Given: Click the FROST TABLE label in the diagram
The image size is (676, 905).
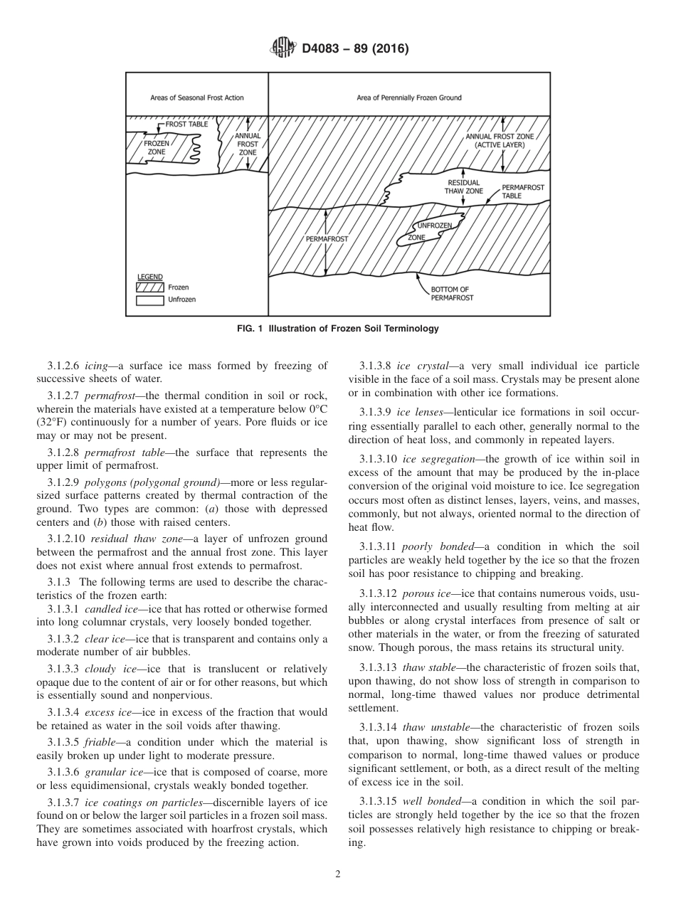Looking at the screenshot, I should pos(186,124).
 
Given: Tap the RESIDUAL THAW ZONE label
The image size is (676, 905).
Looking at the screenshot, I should pos(463,187).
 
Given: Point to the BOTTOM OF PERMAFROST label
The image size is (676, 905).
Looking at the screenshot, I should pos(450,294).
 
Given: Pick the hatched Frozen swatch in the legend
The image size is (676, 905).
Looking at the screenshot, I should pos(149,287).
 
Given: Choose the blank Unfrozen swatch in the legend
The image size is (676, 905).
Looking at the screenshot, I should pos(149,300).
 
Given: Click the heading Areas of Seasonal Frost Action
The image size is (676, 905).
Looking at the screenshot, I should pos(196,97).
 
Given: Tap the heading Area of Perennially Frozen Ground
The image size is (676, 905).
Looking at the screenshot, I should pos(408,97).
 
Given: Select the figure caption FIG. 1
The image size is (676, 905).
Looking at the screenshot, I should pos(337,329).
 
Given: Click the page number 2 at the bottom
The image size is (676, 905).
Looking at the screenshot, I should pos(338,874).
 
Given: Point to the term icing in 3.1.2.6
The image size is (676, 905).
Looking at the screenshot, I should pos(95,366).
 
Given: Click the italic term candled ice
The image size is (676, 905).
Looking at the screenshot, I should pos(107,609).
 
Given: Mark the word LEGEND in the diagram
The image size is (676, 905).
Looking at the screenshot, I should pos(149,277).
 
